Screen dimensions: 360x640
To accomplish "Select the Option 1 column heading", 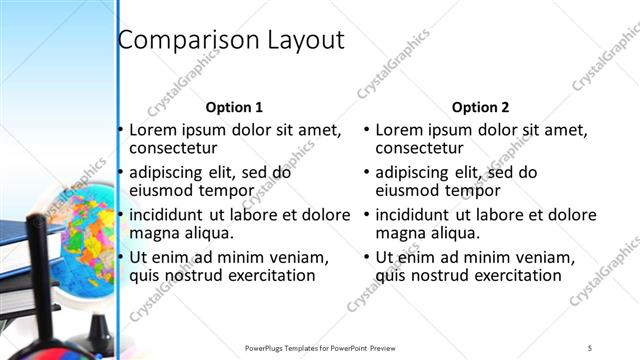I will click(234, 107).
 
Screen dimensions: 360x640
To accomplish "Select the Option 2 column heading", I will click(480, 107).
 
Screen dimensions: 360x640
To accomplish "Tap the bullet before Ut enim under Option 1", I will click(121, 256).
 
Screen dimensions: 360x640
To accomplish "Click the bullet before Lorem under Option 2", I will click(367, 130).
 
